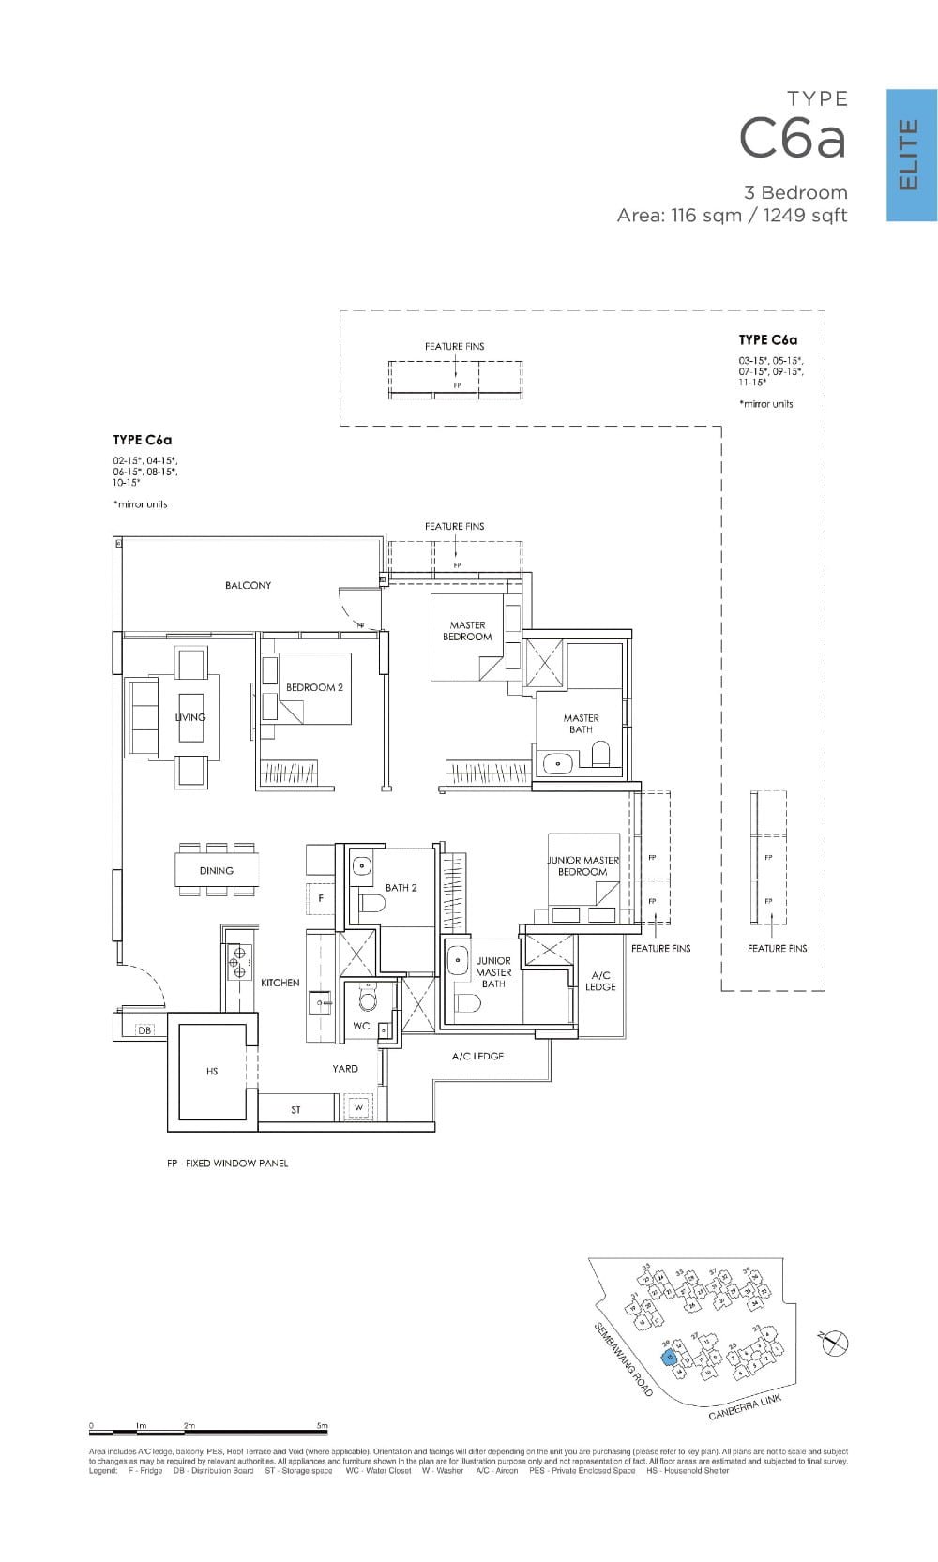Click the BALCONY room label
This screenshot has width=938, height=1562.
click(x=248, y=585)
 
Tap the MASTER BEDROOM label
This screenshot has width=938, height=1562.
click(x=467, y=631)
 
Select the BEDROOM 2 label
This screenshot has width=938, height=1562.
click(x=314, y=687)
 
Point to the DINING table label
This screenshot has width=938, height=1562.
click(x=217, y=871)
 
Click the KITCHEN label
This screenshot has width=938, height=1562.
click(x=280, y=983)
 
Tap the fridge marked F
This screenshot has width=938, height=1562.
click(x=321, y=898)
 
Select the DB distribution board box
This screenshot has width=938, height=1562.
click(x=144, y=1030)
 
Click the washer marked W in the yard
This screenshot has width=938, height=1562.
click(x=357, y=1108)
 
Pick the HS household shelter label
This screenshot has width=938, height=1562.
click(x=212, y=1072)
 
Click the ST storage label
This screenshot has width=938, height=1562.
click(x=295, y=1110)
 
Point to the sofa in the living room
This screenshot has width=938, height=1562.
click(x=143, y=717)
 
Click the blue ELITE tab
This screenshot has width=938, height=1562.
click(x=911, y=155)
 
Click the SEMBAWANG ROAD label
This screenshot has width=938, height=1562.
click(x=624, y=1359)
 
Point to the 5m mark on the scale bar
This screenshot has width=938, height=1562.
click(x=323, y=1426)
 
